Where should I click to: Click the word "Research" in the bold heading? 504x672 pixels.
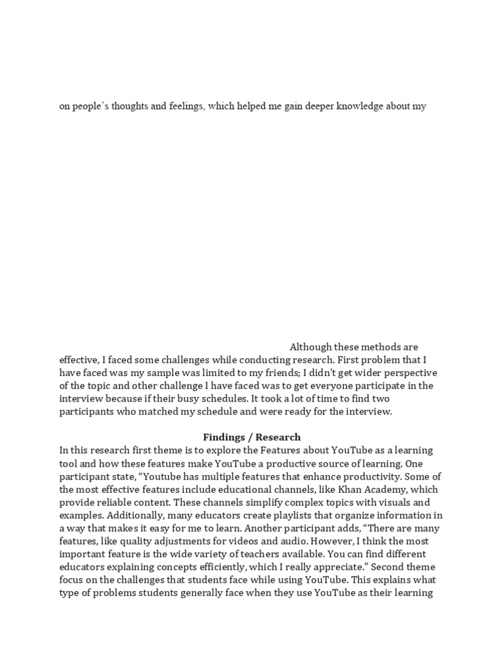coord(278,437)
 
